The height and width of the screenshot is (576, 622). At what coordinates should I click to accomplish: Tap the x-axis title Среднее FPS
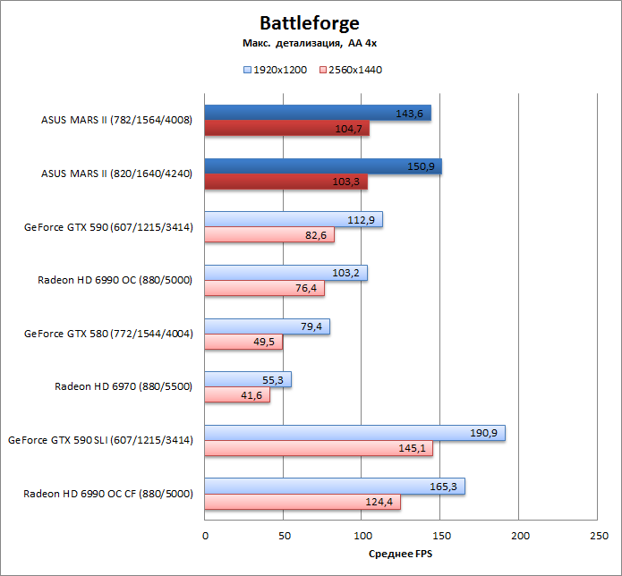[401, 554]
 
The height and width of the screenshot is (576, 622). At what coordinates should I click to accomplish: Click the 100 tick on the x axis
[362, 535]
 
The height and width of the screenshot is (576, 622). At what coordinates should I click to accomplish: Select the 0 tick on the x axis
[205, 535]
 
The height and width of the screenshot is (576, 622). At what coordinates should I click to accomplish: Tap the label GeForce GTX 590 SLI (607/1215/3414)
[100, 440]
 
